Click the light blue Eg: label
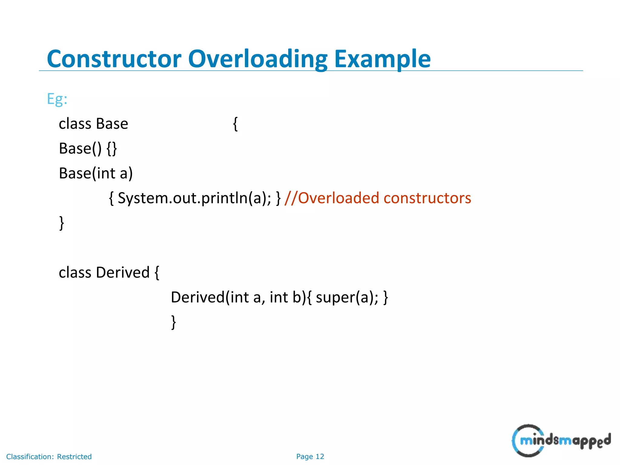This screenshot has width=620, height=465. click(57, 99)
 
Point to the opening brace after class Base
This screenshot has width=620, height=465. click(235, 124)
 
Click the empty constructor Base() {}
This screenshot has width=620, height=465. click(88, 149)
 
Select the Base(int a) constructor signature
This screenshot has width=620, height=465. click(96, 173)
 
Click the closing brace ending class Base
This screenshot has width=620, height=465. click(61, 223)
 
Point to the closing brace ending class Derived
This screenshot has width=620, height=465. click(173, 322)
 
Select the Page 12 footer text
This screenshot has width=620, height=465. click(310, 457)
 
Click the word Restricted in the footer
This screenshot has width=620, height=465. click(74, 457)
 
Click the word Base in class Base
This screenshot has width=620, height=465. click(112, 124)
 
